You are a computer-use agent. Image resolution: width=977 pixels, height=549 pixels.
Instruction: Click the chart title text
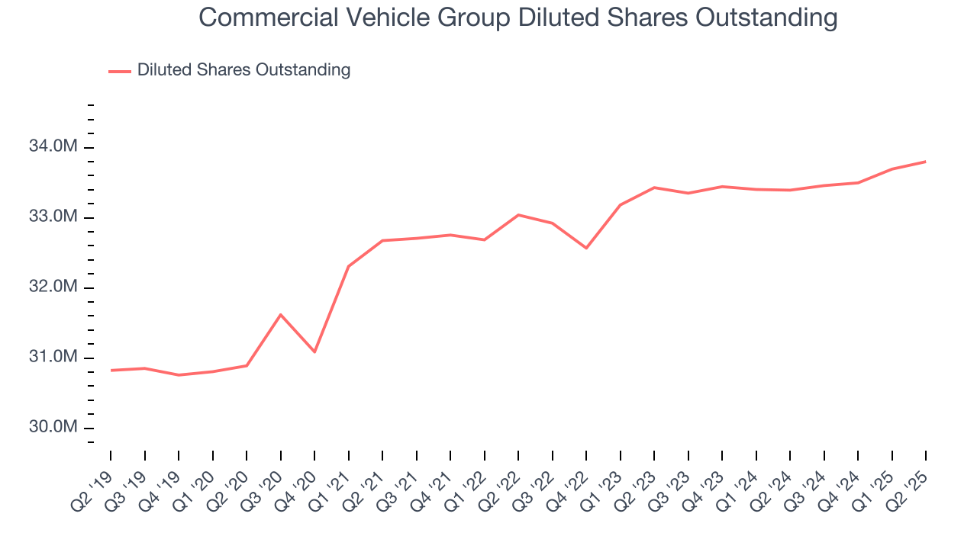coord(518,18)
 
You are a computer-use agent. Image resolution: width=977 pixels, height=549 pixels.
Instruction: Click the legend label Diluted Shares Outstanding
coord(243,70)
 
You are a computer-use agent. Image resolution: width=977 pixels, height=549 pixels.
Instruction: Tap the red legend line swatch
coord(120,71)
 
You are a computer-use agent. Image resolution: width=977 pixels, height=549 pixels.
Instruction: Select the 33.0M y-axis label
coord(54,217)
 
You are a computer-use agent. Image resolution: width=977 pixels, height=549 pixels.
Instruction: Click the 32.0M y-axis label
coord(54,287)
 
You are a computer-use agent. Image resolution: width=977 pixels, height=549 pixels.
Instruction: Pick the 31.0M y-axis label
coord(54,358)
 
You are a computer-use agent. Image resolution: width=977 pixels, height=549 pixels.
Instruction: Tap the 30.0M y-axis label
coord(54,427)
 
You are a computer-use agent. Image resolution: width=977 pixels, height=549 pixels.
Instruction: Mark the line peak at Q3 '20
coord(281,314)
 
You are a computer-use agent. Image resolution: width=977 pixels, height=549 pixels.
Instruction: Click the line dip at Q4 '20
coord(314,352)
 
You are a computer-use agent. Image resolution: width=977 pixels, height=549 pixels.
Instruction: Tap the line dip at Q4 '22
coord(586,249)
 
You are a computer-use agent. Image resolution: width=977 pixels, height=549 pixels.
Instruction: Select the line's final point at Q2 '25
coord(926,162)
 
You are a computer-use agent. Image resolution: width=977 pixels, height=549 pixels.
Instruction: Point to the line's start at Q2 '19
coord(111,371)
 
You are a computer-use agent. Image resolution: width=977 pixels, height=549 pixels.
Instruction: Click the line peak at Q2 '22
coord(518,215)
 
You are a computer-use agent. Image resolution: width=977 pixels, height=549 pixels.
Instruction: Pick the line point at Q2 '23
coord(654,188)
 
